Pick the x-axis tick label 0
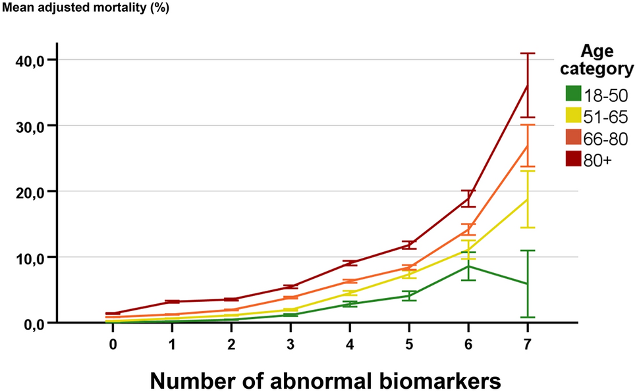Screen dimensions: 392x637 click(113, 344)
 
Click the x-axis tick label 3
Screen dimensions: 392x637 click(291, 344)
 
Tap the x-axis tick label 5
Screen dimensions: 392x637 click(408, 344)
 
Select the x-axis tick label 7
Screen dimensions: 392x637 click(527, 344)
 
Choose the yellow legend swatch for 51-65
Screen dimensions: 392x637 click(572, 116)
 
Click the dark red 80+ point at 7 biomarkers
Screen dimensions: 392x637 click(527, 86)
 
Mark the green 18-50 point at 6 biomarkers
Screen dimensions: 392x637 click(468, 266)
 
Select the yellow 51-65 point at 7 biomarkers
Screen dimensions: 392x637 click(527, 199)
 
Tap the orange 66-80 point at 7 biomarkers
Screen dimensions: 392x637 click(527, 145)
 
